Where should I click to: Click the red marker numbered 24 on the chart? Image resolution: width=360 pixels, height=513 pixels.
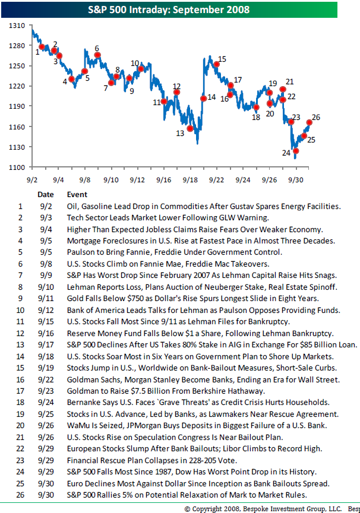[296, 151]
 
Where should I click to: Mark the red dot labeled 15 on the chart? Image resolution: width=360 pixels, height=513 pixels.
[217, 64]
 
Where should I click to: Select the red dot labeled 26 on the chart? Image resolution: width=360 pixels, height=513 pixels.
[309, 122]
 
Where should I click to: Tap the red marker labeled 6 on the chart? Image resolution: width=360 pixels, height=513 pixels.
[97, 55]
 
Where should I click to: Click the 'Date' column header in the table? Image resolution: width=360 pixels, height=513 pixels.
[45, 194]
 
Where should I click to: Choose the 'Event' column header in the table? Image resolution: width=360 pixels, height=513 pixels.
[77, 194]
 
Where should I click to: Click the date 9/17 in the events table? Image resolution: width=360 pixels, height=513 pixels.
[45, 345]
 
